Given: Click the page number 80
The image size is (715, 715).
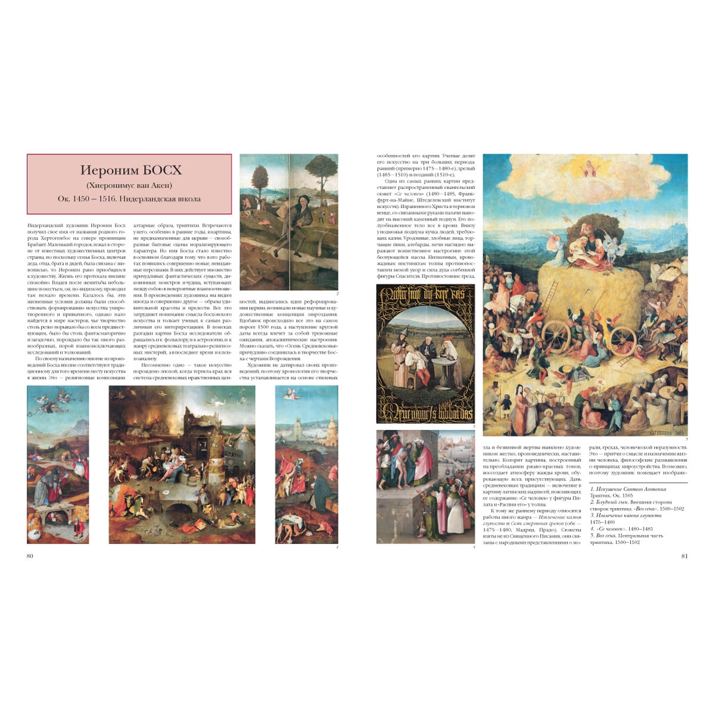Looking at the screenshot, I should pyautogui.click(x=30, y=556).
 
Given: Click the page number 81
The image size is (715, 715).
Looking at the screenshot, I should pyautogui.click(x=684, y=556).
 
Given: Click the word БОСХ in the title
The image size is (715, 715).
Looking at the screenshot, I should pyautogui.click(x=158, y=170).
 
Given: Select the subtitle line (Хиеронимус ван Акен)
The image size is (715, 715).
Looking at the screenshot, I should pyautogui.click(x=129, y=185).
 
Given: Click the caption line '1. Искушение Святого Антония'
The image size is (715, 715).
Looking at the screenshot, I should pyautogui.click(x=628, y=489).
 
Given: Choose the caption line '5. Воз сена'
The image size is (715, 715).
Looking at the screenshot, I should pyautogui.click(x=626, y=536).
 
